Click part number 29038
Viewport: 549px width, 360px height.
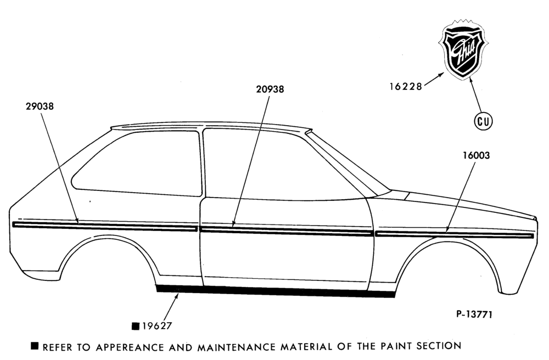coord(40,106)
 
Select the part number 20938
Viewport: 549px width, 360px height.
coord(270,89)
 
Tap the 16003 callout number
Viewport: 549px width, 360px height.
coord(476,155)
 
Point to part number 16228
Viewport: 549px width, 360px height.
coord(406,86)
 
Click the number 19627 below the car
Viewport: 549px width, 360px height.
coord(157,326)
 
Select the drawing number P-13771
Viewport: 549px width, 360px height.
coord(474,314)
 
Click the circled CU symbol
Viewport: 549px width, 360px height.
coord(483,121)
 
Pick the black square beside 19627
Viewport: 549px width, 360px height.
coord(136,326)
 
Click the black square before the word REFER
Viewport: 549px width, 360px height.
coord(35,346)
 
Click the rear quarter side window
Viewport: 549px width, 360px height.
coord(137,163)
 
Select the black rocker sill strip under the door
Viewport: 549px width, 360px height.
coord(275,291)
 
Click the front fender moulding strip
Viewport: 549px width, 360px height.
coord(454,234)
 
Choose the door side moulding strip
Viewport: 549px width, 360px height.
coord(286,230)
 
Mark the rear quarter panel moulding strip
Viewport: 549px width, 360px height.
coord(104,226)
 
